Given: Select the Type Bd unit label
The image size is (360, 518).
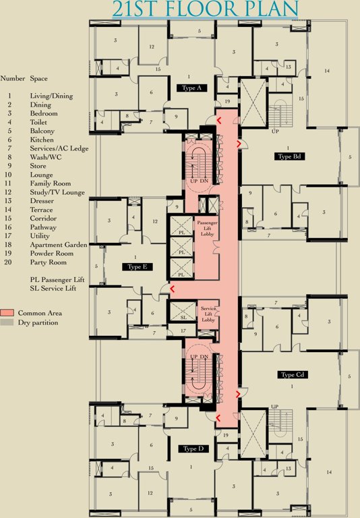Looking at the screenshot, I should pyautogui.click(x=289, y=156).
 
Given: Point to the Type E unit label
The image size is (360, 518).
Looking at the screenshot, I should pyautogui.click(x=137, y=267).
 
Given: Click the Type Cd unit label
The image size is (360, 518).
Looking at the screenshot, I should pyautogui.click(x=293, y=374).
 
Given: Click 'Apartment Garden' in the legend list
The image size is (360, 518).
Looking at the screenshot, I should pyautogui.click(x=59, y=245).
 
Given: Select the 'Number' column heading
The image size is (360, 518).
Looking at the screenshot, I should pyautogui.click(x=13, y=78).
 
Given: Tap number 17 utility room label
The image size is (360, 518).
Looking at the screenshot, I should pyautogui.click(x=183, y=330).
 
